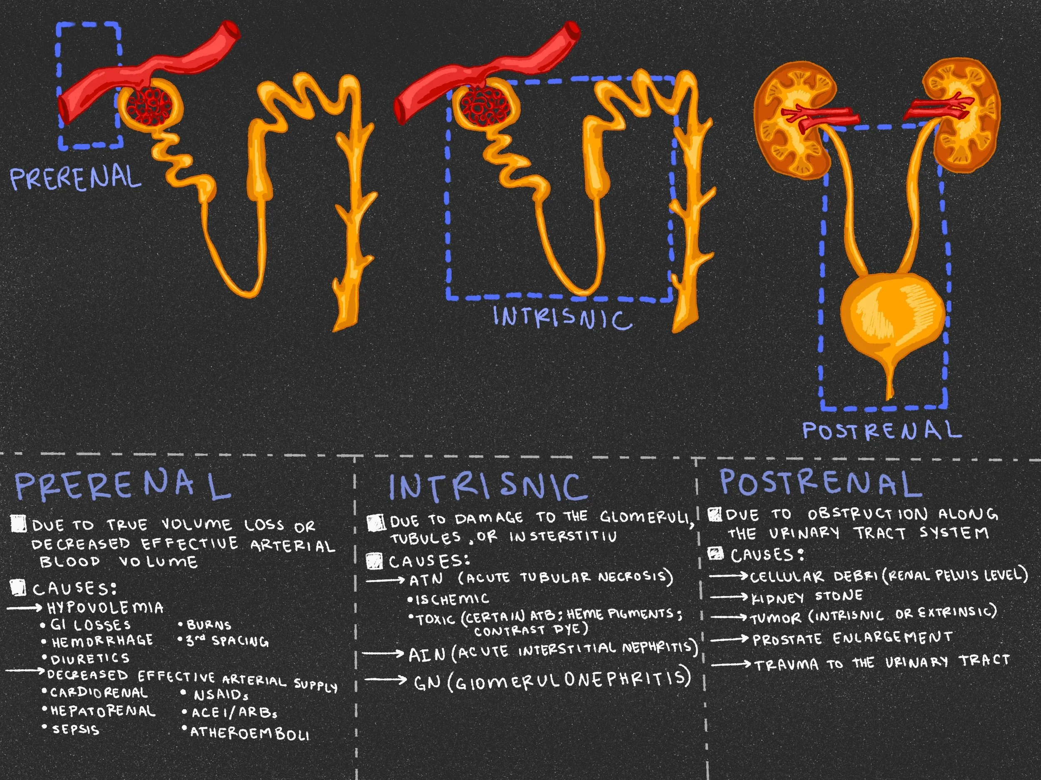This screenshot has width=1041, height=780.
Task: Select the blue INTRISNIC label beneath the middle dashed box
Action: (x=563, y=318)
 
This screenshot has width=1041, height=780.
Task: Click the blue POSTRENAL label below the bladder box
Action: (x=881, y=430)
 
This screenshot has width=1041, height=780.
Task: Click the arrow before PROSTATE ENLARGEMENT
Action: (x=729, y=639)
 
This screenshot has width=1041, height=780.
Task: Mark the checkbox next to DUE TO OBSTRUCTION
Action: (x=715, y=514)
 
